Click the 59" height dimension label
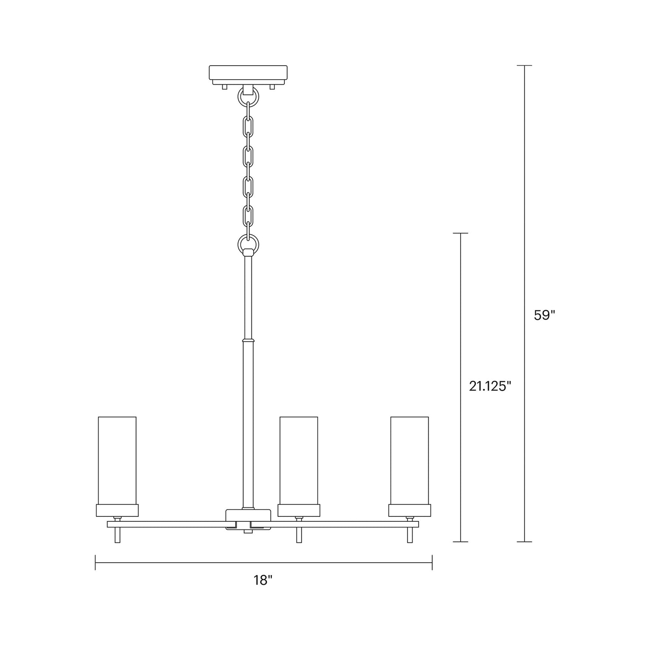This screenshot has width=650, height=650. point(544,315)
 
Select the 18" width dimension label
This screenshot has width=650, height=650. point(263,580)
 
